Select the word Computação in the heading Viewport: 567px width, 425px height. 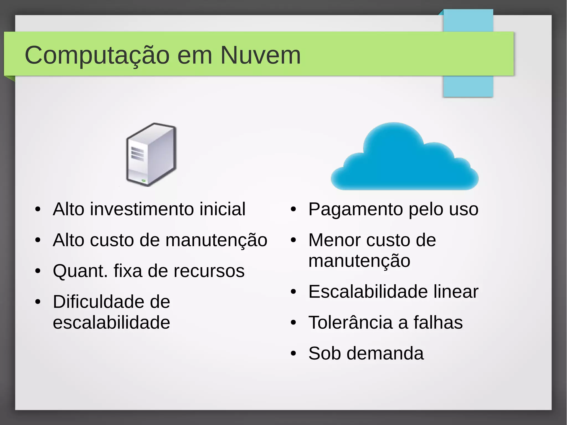pos(97,56)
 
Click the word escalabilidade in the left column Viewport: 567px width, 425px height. pos(111,323)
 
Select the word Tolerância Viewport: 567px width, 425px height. pos(350,323)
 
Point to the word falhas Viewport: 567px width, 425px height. pos(438,323)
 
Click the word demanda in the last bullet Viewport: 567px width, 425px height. pos(385,354)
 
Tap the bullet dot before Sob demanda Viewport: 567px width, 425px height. pos(293,354)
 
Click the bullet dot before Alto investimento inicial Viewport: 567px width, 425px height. pos(38,209)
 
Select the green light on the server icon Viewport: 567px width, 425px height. pos(143,181)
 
